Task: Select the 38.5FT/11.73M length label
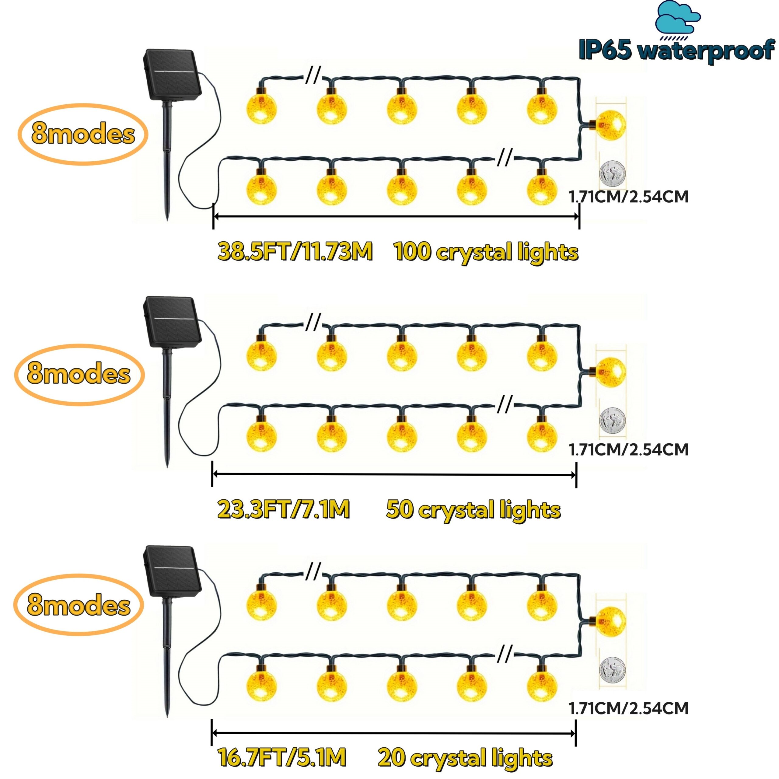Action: click(x=295, y=252)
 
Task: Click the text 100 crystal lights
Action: click(x=486, y=252)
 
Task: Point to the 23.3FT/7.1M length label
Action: click(x=284, y=509)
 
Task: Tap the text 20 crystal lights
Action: click(x=465, y=758)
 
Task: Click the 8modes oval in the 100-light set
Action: click(x=83, y=134)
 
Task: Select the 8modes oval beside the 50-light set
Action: click(x=79, y=374)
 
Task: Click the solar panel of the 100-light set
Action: click(x=172, y=75)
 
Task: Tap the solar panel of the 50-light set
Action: click(x=172, y=321)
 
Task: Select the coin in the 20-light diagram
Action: click(x=612, y=670)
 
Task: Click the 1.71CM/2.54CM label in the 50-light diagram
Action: click(x=628, y=449)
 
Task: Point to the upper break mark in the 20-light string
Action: click(x=313, y=571)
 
